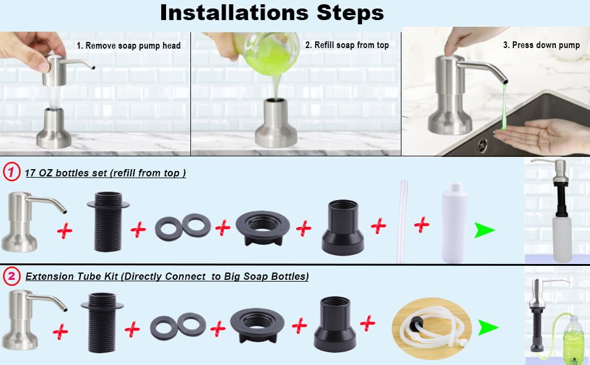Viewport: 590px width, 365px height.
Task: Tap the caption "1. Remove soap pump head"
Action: coord(129,46)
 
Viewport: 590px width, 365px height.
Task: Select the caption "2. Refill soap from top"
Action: coord(347,45)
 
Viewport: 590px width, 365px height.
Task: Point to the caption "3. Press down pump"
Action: coord(541,45)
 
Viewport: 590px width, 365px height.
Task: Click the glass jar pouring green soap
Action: coord(267,53)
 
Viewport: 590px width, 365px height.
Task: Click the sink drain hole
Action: coord(482,145)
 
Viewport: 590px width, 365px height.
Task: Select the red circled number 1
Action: coord(12,172)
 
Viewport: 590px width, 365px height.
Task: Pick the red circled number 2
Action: coord(12,276)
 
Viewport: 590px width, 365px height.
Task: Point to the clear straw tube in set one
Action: coord(402,221)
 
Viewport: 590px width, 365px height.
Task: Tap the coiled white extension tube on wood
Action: coord(432,328)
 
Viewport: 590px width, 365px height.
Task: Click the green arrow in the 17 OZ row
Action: coord(484,230)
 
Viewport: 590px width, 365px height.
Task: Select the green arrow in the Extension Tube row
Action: coord(488,327)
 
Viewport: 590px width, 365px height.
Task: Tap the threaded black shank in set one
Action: coord(108,221)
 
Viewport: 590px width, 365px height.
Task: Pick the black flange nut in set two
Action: coord(257,325)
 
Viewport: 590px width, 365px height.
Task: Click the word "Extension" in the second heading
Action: coord(49,277)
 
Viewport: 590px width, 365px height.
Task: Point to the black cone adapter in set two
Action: coord(335,324)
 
